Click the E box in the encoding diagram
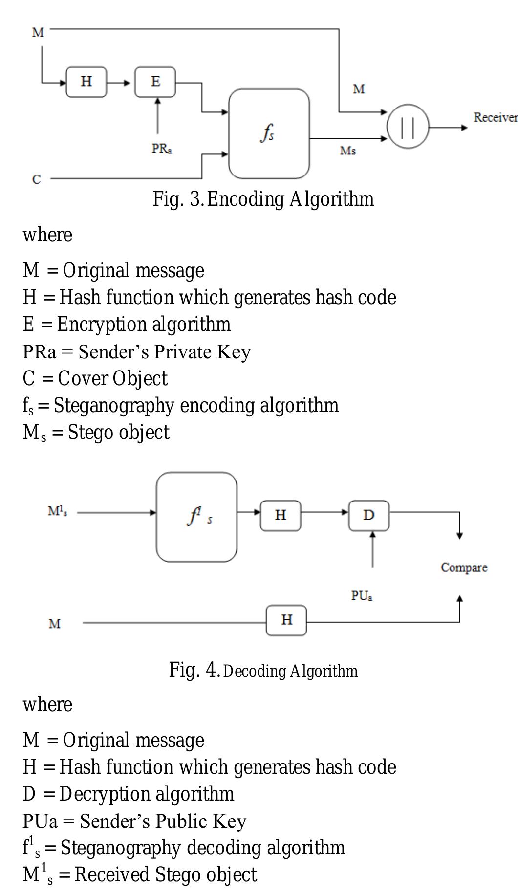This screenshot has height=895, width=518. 155,82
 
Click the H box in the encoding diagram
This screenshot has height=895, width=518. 86,82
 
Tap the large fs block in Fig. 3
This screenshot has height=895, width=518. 269,133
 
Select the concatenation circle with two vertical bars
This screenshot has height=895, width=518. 408,127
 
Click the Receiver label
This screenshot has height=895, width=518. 495,118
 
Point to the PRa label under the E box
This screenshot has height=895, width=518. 161,149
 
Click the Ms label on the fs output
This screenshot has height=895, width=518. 348,151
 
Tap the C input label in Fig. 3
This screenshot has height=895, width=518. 37,180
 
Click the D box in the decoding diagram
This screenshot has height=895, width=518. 369,515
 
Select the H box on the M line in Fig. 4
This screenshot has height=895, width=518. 286,620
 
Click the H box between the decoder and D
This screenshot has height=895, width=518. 280,515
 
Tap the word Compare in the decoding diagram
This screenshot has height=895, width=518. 464,568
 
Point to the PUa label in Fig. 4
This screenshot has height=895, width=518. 362,596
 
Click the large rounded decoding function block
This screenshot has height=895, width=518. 196,517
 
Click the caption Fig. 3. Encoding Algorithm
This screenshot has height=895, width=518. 263,199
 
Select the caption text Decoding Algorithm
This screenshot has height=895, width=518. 290,671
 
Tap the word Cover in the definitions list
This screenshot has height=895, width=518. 83,379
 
